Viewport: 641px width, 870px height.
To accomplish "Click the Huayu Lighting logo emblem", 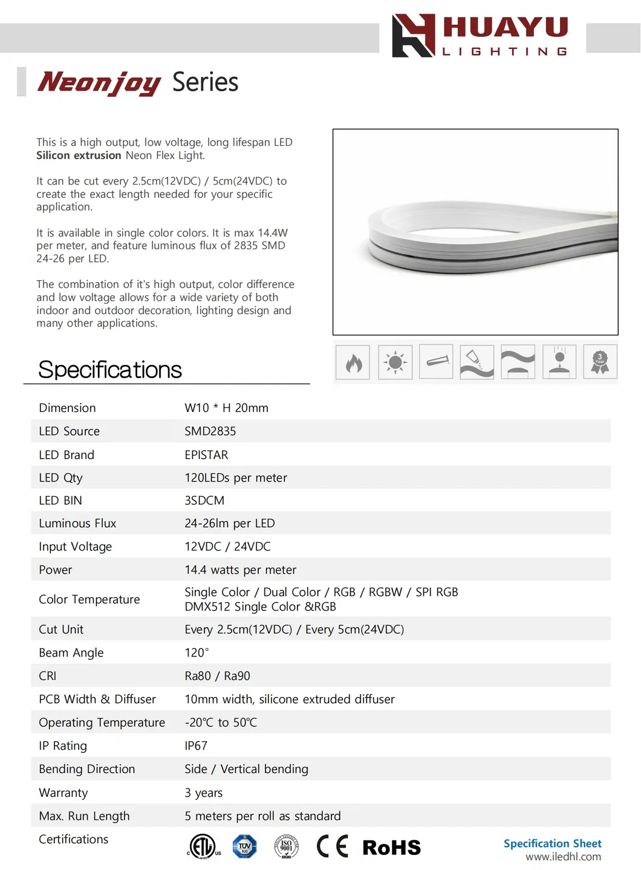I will [413, 36].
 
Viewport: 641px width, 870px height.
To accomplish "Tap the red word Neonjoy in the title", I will [99, 82].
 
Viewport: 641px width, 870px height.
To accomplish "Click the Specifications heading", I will [110, 370].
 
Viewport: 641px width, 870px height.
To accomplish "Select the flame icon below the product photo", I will [353, 362].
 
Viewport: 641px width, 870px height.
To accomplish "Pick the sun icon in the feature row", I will [395, 362].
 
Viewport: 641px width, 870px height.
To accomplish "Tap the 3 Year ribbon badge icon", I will [600, 362].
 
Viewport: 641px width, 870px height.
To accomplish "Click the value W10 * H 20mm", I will [226, 408].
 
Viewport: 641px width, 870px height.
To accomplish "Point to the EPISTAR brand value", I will [206, 455].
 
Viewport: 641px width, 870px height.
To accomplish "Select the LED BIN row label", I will [60, 501].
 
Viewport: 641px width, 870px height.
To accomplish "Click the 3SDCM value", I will [204, 501].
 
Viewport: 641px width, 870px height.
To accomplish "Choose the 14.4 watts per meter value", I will [240, 570].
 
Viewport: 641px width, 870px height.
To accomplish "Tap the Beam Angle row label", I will [71, 653].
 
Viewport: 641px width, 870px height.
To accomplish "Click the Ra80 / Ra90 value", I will [217, 676].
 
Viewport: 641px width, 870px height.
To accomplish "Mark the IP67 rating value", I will [196, 746].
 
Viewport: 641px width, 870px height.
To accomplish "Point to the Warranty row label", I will [63, 793].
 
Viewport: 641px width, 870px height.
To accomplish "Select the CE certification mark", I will [333, 846].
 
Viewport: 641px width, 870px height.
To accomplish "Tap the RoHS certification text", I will [391, 848].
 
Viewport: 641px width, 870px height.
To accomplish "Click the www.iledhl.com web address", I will [563, 857].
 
